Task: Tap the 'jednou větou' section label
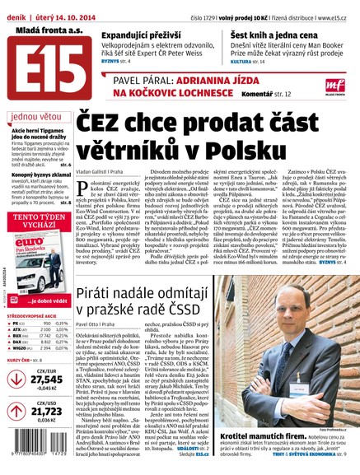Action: [x=36, y=117]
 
